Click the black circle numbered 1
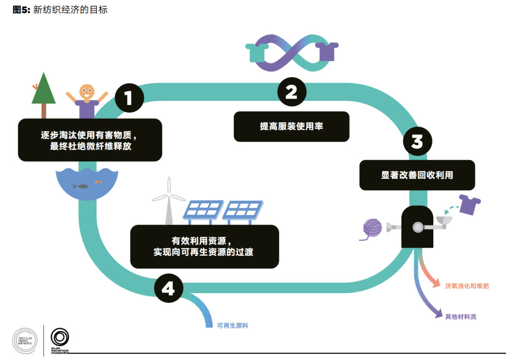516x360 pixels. point(129,98)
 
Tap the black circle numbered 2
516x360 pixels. point(292,92)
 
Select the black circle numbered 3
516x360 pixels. point(418,142)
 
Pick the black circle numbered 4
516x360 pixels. point(169,288)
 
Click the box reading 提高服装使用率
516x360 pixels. point(291,127)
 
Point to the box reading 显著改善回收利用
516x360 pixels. point(417,175)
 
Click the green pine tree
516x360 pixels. point(43,95)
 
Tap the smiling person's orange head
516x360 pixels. point(87,92)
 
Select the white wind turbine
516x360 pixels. point(169,200)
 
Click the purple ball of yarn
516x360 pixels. point(372,228)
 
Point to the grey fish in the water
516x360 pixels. point(81,186)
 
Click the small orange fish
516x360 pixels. point(98,182)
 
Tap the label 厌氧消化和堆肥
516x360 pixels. point(467,286)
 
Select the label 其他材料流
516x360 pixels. point(461,317)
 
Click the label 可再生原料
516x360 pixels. point(233,326)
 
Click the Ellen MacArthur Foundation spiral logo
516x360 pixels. point(60,337)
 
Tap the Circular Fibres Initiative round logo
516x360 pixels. point(25,341)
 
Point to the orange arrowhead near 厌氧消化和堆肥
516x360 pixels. point(436,283)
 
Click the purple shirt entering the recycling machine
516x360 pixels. point(470,205)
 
